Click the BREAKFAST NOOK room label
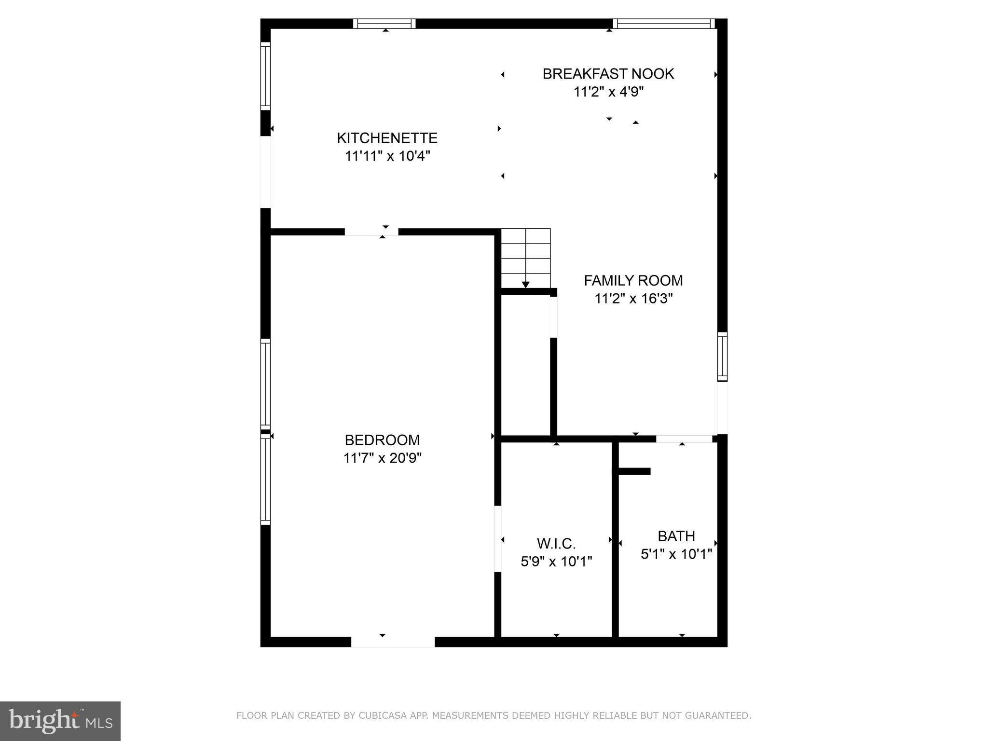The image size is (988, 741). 608,74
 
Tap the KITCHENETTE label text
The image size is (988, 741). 387,138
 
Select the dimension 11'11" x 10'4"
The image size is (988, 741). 387,156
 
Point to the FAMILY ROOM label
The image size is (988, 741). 633,280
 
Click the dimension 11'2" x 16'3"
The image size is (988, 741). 633,299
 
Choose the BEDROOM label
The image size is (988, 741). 382,440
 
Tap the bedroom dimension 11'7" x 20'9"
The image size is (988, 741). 382,458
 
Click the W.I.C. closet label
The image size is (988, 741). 556,544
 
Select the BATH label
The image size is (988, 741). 676,536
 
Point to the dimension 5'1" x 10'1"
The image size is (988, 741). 676,554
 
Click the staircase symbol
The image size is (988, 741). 525,258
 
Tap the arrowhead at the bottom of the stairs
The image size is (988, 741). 525,285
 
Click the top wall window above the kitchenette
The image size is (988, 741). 384,24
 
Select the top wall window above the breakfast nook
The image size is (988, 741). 663,24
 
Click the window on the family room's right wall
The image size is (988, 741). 722,357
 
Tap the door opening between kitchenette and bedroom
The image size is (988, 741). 371,232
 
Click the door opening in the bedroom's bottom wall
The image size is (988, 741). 393,642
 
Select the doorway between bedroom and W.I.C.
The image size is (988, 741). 498,539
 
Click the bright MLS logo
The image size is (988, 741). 60,721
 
